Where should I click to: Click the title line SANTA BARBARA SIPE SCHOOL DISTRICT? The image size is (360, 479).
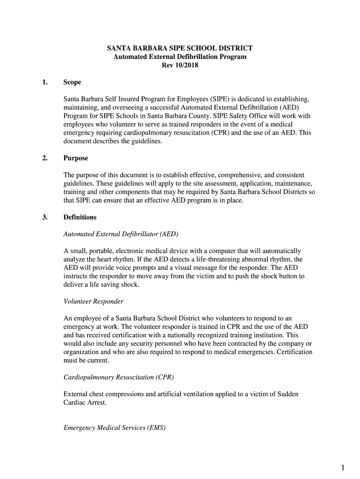pyautogui.click(x=180, y=48)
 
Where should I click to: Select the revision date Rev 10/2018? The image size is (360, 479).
pyautogui.click(x=180, y=65)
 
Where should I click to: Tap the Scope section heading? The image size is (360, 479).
pyautogui.click(x=72, y=82)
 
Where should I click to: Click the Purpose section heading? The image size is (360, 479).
pyautogui.click(x=76, y=158)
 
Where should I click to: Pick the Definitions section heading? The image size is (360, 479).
pyautogui.click(x=80, y=217)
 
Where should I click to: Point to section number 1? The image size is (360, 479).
pyautogui.click(x=44, y=82)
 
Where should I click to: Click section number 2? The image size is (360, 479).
pyautogui.click(x=44, y=158)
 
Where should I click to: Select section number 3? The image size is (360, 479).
pyautogui.click(x=44, y=217)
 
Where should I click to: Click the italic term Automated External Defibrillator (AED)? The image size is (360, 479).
pyautogui.click(x=121, y=234)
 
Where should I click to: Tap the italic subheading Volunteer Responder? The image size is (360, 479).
pyautogui.click(x=94, y=301)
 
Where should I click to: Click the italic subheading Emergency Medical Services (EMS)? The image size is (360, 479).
pyautogui.click(x=115, y=428)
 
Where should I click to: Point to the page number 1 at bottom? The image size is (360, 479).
pyautogui.click(x=343, y=467)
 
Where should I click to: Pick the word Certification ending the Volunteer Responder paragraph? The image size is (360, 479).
pyautogui.click(x=293, y=352)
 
